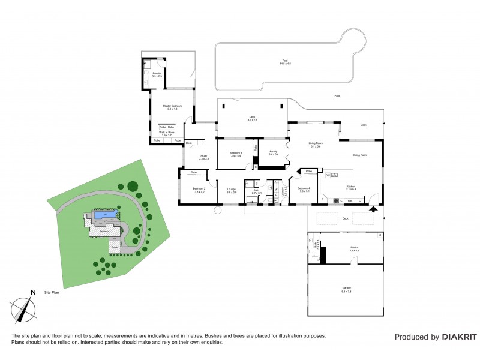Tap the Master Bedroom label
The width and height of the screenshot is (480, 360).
click(172, 106)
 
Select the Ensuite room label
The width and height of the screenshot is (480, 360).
click(157, 74)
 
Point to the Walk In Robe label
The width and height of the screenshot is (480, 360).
click(166, 134)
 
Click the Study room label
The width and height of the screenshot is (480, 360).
click(203, 157)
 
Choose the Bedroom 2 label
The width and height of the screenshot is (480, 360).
click(199, 190)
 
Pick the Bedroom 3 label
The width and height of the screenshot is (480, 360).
click(235, 154)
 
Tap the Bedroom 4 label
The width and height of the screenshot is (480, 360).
click(303, 190)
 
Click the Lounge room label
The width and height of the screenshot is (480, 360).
click(231, 190)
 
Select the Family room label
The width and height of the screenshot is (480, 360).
click(273, 152)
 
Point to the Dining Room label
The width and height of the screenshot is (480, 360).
click(359, 155)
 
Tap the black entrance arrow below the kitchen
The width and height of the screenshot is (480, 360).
click(373, 209)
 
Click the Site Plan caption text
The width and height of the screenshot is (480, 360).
click(52, 293)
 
